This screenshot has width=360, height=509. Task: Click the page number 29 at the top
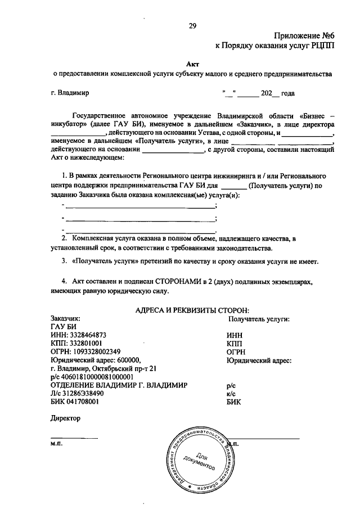tap(192, 25)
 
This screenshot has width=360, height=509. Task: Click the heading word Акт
tap(192, 64)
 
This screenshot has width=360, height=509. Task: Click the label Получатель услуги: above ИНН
tap(259, 318)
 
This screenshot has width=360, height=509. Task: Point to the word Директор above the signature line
tap(66, 418)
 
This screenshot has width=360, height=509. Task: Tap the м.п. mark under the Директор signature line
tap(56, 444)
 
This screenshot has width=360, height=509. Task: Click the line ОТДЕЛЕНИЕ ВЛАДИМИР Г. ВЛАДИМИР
tap(119, 385)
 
